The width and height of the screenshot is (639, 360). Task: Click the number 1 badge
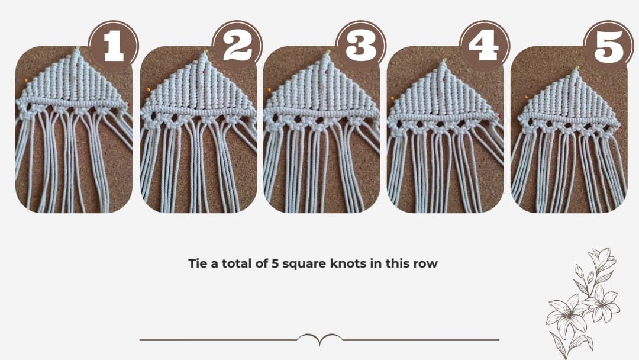click(113, 46)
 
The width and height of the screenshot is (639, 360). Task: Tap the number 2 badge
click(237, 46)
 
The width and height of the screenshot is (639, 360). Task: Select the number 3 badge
click(360, 46)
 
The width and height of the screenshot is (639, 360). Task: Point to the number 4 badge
click(484, 46)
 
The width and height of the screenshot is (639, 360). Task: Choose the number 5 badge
click(608, 46)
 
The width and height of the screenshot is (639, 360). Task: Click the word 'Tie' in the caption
click(198, 263)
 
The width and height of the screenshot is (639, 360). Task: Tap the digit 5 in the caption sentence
click(275, 263)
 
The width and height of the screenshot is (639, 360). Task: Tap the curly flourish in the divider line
click(319, 339)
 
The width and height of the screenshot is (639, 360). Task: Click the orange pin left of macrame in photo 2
click(148, 89)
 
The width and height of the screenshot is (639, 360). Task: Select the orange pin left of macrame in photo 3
click(269, 89)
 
